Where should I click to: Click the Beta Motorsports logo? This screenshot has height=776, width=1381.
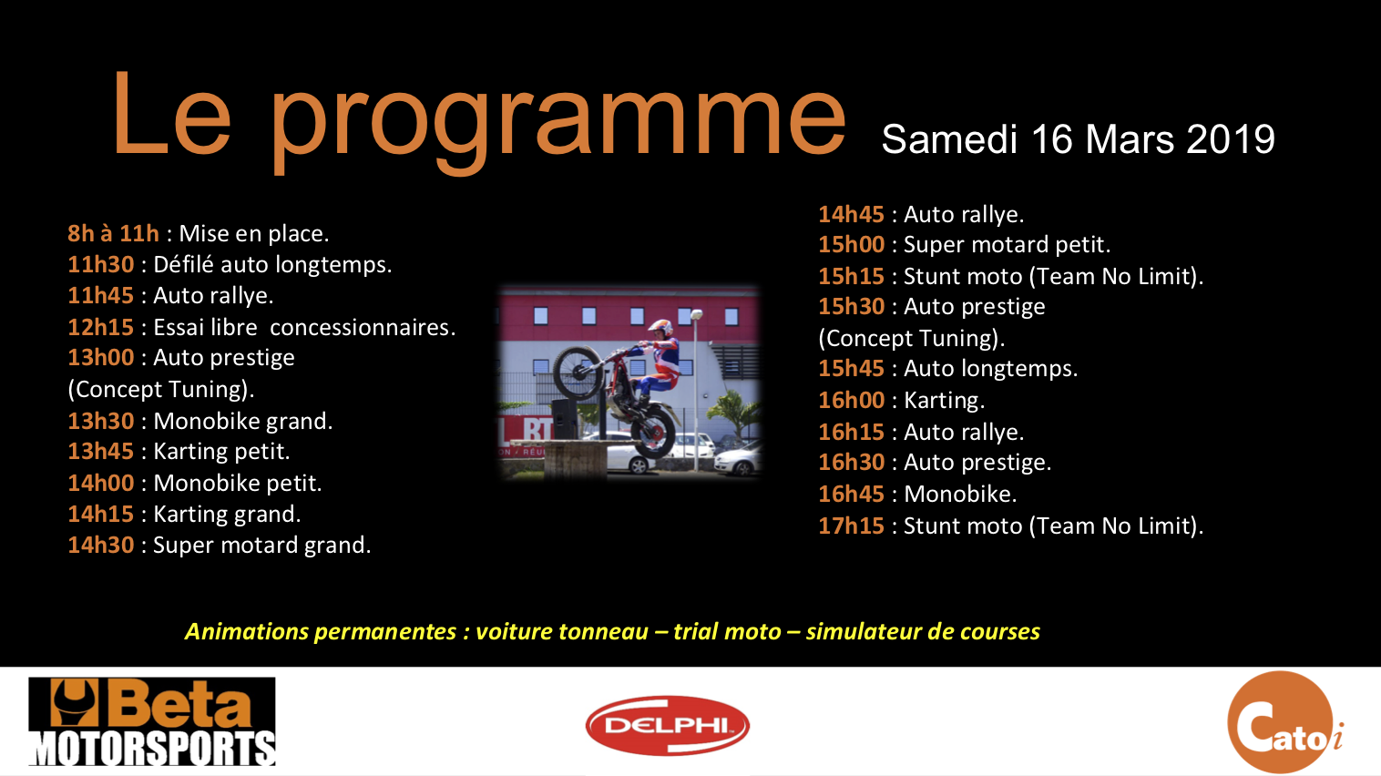click(x=152, y=721)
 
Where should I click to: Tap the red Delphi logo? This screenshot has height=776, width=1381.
click(x=668, y=726)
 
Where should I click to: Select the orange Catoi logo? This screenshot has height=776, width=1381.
click(x=1285, y=722)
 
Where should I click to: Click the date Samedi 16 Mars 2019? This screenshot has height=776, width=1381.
click(x=1079, y=139)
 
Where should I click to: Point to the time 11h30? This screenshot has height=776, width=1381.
click(x=101, y=264)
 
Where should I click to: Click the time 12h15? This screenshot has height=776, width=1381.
click(x=101, y=327)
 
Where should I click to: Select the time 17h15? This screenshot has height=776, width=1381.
click(x=852, y=526)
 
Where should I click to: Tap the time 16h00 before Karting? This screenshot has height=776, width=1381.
click(x=852, y=401)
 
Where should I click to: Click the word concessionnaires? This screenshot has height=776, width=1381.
click(x=363, y=327)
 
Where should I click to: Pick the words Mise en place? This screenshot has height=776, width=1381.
click(x=254, y=233)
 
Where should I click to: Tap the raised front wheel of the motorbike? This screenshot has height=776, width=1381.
click(x=578, y=373)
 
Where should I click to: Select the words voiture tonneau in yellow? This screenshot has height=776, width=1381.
click(x=562, y=632)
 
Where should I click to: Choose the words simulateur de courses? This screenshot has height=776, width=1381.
click(x=923, y=632)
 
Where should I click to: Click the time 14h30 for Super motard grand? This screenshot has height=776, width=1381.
click(x=101, y=546)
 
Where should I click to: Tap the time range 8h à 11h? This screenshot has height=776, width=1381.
click(x=114, y=233)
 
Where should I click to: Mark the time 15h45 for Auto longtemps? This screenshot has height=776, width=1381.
click(x=852, y=369)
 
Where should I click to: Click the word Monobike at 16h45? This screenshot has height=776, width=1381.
click(x=960, y=495)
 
